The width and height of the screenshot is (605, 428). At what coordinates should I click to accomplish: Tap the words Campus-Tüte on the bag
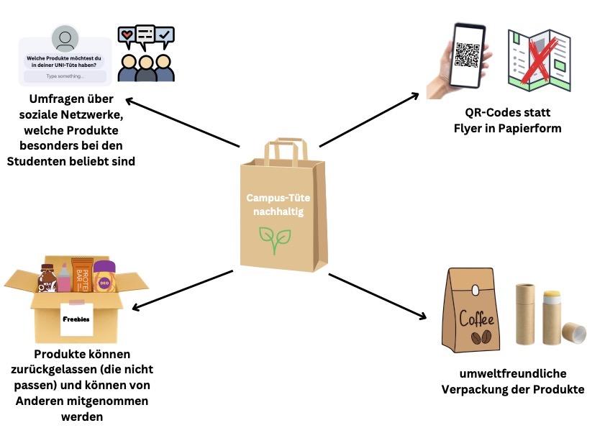pos(275,197)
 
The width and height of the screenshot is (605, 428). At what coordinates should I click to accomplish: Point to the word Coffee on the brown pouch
pos(473,319)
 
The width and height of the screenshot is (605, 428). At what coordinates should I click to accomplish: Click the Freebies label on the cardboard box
pos(76,320)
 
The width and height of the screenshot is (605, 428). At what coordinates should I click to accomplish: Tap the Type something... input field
pos(65,76)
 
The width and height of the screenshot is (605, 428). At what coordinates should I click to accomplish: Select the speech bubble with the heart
pos(127,35)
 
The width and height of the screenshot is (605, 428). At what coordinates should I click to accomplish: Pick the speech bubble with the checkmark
pos(165,34)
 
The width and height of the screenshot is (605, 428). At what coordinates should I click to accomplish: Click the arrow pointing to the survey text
pos(180,123)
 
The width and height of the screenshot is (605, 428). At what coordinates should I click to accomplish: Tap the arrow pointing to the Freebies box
pos(180,291)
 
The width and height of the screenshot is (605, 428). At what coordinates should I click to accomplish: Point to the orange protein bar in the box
pos(81,274)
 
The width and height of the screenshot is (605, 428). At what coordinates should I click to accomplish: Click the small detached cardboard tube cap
pos(573,332)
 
